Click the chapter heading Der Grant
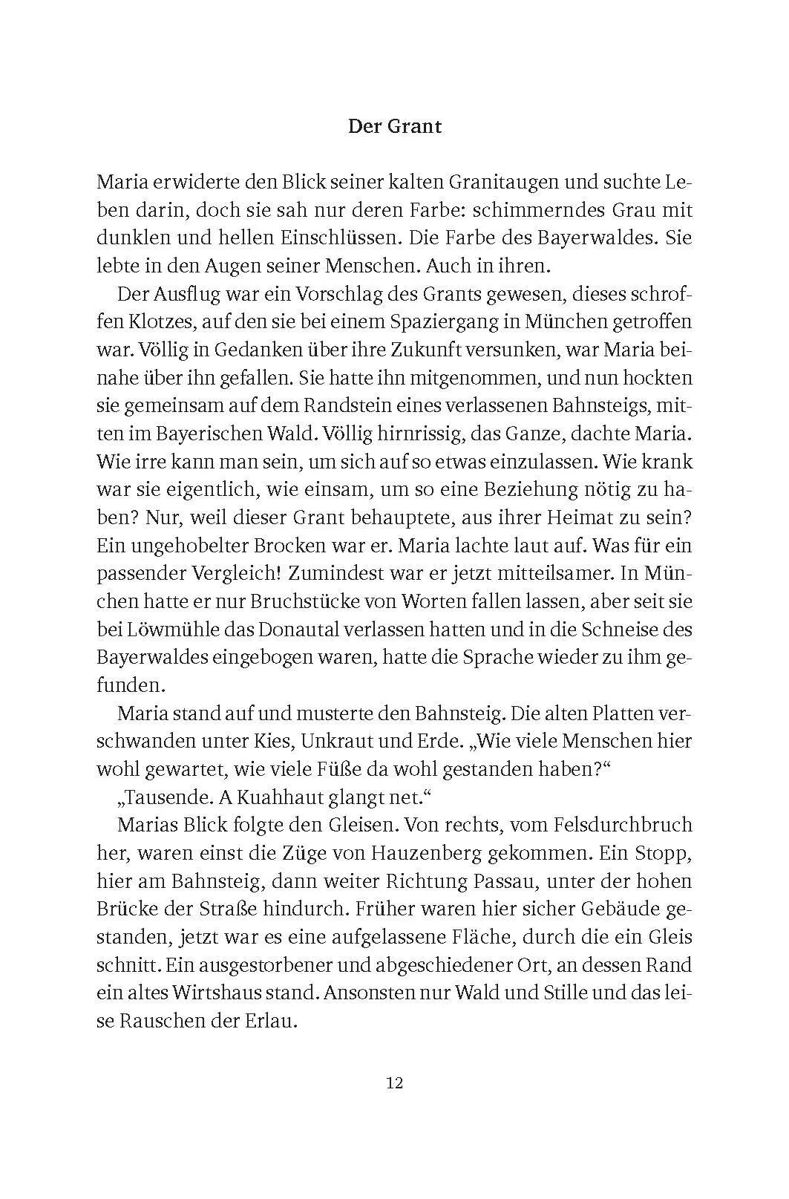tap(394, 126)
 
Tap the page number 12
tap(394, 1082)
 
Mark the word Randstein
tap(347, 406)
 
